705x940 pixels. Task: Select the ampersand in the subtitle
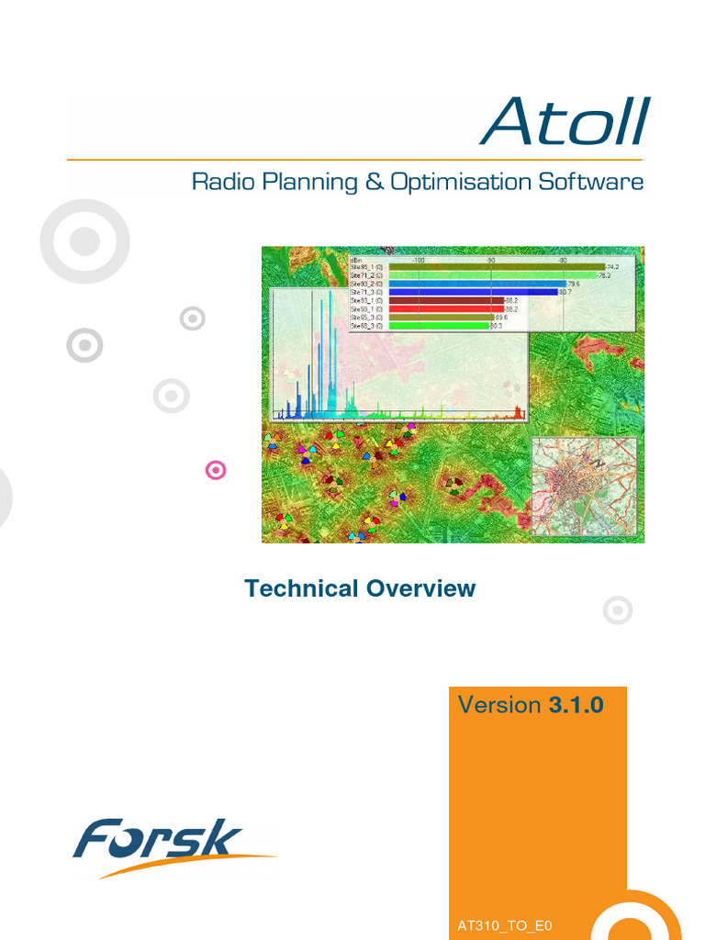click(374, 182)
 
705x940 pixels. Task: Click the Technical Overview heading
click(360, 588)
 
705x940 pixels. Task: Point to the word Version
click(499, 705)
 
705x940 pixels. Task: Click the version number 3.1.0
click(576, 705)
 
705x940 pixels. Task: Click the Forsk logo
click(165, 843)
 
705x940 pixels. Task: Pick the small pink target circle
click(216, 471)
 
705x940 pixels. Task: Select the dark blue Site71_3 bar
click(473, 292)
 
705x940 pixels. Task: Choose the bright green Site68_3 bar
click(439, 325)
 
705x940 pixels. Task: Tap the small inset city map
click(585, 486)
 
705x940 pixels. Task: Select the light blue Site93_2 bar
click(477, 284)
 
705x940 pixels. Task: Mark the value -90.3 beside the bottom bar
click(497, 325)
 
